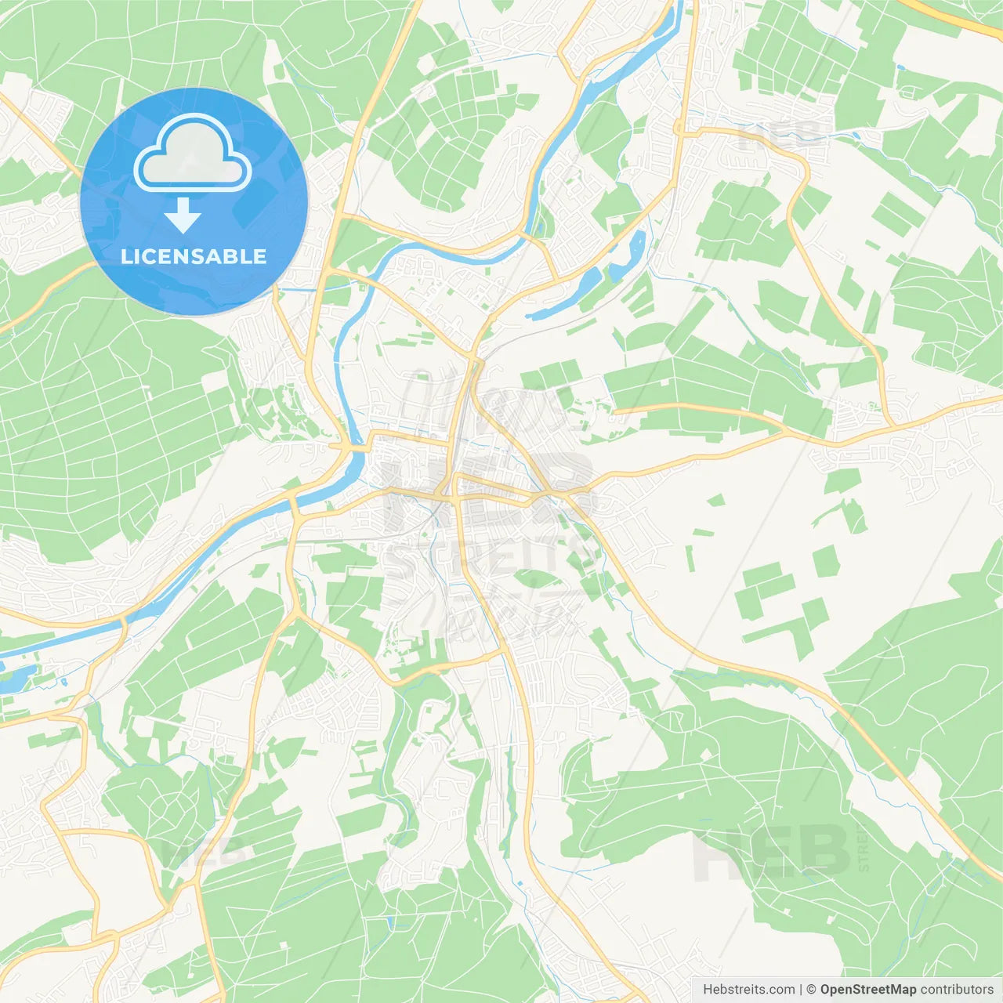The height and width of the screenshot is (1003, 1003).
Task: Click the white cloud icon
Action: coord(193,154)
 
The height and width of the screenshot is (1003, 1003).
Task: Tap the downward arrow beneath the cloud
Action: coord(183,215)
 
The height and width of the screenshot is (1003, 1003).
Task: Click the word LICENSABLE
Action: coord(194,256)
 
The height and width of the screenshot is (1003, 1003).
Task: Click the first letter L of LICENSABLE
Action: coord(127,256)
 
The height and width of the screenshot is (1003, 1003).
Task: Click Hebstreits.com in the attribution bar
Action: coord(748,990)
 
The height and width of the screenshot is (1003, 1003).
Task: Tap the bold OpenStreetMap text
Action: coord(867,990)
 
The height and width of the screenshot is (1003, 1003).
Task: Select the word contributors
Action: coord(957,990)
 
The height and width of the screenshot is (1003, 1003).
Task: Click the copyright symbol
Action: coord(812,990)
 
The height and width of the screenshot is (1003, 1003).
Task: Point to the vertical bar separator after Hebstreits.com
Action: coord(802,990)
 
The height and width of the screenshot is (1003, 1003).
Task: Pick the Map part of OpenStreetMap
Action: coord(901,990)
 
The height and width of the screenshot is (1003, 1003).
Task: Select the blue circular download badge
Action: coord(194,201)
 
